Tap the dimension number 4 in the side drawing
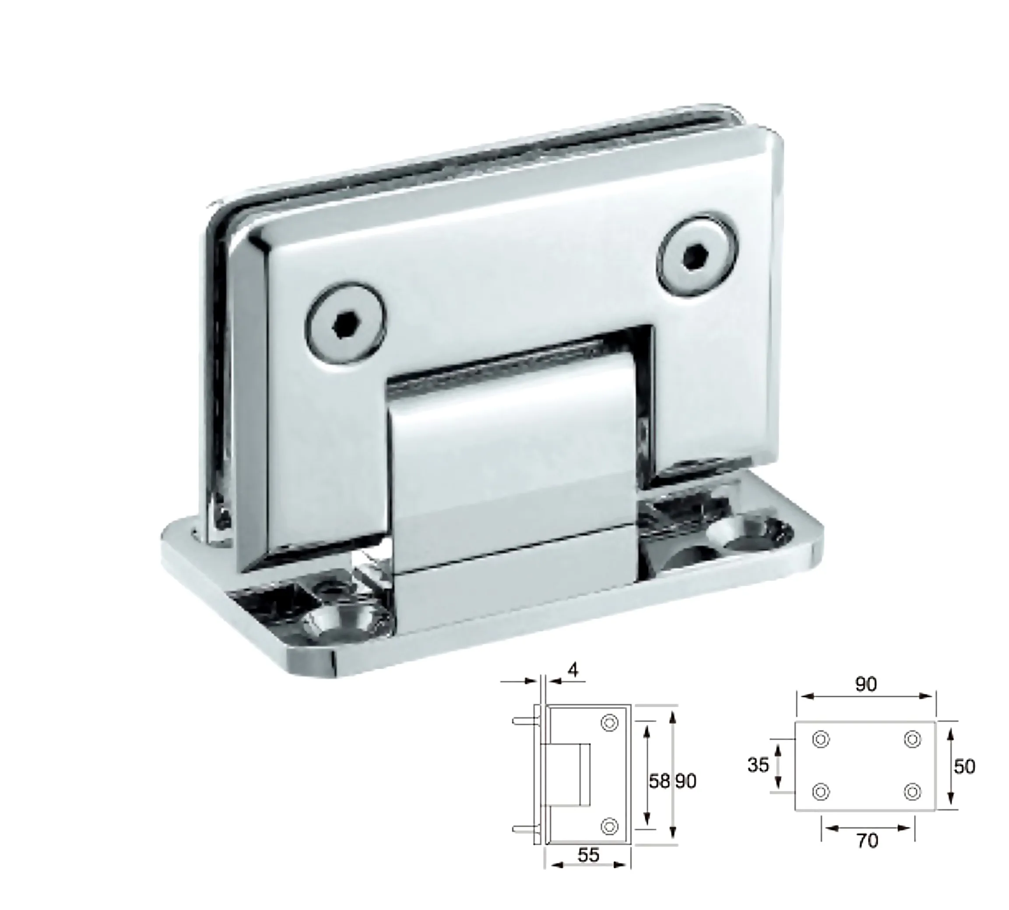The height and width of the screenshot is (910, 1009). pyautogui.click(x=573, y=670)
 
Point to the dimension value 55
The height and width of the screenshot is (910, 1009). pyautogui.click(x=588, y=855)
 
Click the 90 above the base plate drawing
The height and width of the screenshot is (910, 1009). pyautogui.click(x=865, y=684)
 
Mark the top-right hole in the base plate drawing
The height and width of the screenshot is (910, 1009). pyautogui.click(x=913, y=739)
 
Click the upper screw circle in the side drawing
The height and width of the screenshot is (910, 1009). pyautogui.click(x=609, y=723)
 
